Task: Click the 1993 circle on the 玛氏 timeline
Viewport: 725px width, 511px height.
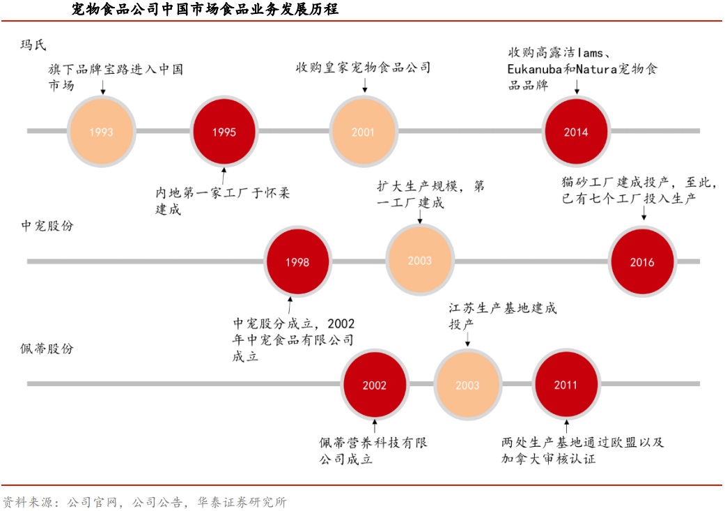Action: (x=101, y=131)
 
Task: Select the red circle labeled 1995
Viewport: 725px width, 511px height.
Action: (x=224, y=131)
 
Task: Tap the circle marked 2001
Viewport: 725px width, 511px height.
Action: (x=363, y=131)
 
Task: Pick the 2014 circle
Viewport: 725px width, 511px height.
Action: (x=576, y=131)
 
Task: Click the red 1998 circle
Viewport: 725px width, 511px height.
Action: (x=297, y=262)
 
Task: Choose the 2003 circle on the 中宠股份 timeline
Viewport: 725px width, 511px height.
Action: (x=420, y=261)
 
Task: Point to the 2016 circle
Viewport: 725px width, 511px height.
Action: (x=642, y=262)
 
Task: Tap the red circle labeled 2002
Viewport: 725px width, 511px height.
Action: (x=375, y=385)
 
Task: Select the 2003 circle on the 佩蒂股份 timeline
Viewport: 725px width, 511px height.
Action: (x=467, y=385)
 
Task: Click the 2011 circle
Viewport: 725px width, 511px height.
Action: (x=566, y=385)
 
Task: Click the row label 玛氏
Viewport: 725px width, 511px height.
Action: (x=33, y=46)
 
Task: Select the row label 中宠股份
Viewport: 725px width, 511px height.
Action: (x=47, y=227)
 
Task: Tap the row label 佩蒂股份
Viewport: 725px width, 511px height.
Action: (x=47, y=349)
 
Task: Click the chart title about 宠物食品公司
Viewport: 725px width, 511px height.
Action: (x=205, y=10)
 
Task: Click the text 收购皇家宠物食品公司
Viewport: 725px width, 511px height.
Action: (x=363, y=68)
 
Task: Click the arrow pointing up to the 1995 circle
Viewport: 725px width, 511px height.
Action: (x=224, y=174)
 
